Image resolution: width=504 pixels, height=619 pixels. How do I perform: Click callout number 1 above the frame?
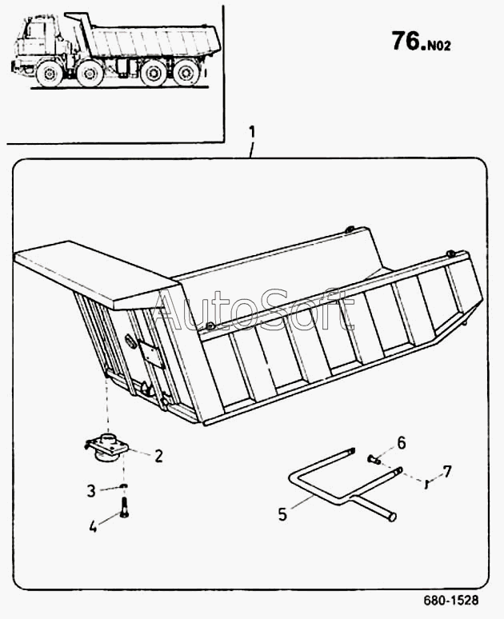[252, 130]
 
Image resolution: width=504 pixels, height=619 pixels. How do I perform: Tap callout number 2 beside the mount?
[158, 457]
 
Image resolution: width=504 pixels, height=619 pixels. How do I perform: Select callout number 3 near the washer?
[92, 489]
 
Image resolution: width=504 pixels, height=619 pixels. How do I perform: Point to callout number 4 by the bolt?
[92, 525]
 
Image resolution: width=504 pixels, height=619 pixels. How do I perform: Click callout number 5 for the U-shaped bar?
[282, 513]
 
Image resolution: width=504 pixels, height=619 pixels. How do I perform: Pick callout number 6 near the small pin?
[402, 441]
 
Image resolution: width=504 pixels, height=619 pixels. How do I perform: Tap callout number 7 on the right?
[447, 471]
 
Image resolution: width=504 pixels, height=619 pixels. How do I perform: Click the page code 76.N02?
[421, 42]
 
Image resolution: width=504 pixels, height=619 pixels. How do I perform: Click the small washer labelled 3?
[123, 485]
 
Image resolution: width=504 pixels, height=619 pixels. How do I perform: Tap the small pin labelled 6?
[374, 459]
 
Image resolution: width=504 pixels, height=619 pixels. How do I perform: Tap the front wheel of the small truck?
[49, 74]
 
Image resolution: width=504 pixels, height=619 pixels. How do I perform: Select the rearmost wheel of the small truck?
[187, 74]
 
